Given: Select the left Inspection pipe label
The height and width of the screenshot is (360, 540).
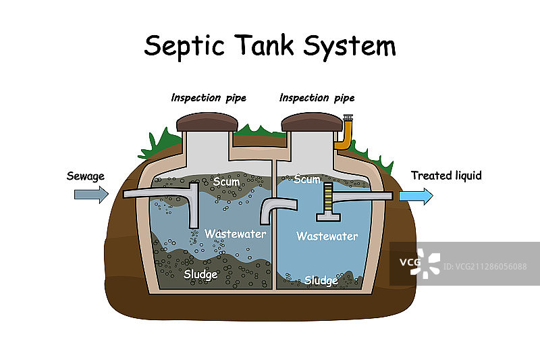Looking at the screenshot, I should [x=209, y=98].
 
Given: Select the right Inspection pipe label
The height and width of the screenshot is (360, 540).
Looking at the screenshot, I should [x=317, y=98].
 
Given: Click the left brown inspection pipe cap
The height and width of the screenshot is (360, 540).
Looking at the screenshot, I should [x=207, y=122].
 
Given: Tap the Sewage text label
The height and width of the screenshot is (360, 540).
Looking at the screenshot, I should [x=86, y=176].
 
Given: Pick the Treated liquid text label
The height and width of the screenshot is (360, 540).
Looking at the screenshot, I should [x=446, y=176].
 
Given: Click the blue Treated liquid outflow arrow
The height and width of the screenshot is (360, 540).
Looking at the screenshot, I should [x=415, y=196].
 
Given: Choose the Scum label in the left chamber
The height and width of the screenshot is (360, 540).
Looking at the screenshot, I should [x=226, y=182].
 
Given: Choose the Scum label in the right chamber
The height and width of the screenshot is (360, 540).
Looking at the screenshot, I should [x=307, y=180].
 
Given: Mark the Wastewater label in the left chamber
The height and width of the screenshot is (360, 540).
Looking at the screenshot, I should [x=235, y=234].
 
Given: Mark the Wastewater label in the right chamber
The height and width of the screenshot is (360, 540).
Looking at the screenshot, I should [x=327, y=236].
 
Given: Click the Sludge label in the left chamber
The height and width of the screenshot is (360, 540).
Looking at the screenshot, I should [x=200, y=274].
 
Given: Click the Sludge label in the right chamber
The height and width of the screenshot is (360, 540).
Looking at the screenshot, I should [x=321, y=280].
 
